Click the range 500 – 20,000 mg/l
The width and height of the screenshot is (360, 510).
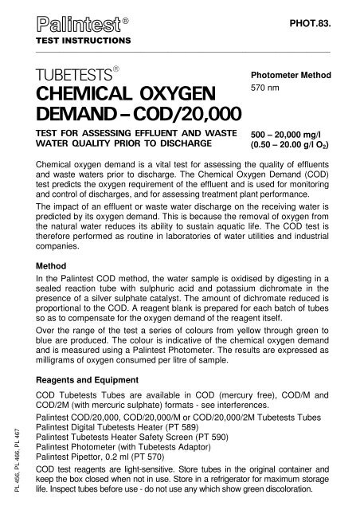pyautogui.click(x=284, y=136)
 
